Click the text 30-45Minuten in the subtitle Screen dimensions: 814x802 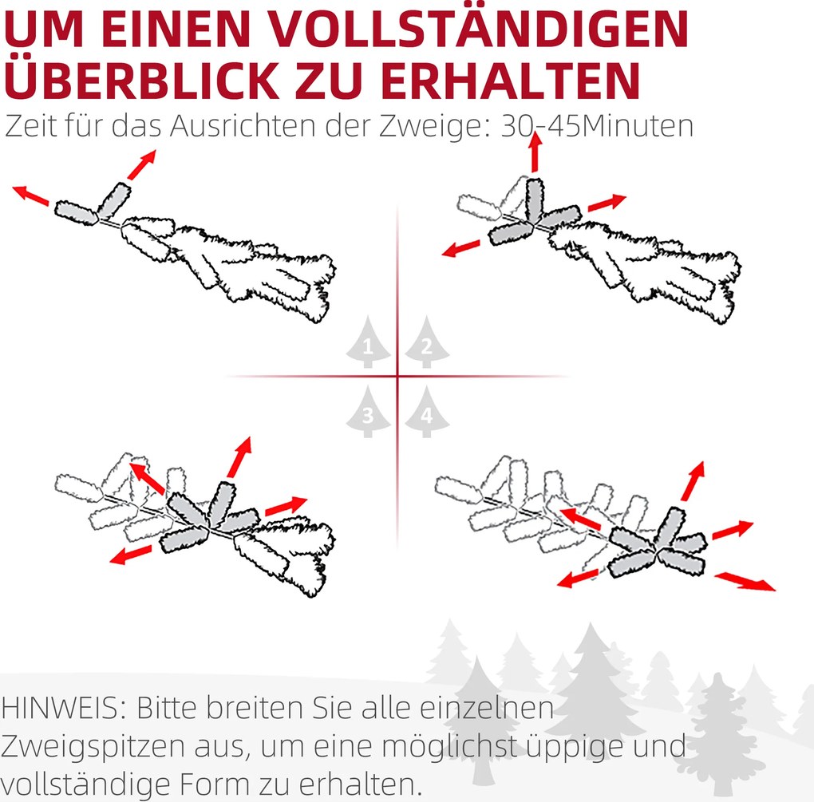[x=597, y=126]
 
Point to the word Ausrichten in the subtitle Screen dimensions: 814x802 [x=243, y=126]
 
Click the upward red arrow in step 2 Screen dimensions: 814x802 [x=535, y=152]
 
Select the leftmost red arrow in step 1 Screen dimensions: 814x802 [x=30, y=194]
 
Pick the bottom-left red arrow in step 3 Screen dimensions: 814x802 [x=131, y=554]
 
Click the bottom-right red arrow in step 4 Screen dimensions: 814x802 [x=745, y=581]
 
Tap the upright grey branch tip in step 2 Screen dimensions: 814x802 [x=535, y=200]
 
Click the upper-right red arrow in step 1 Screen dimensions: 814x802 [x=142, y=164]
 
